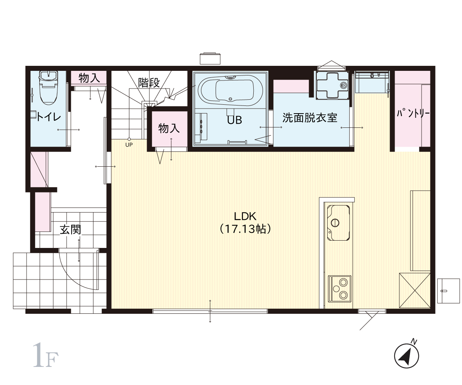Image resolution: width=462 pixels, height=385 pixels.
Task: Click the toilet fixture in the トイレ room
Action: click(x=48, y=88)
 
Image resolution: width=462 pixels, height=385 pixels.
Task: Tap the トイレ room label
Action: click(x=49, y=117)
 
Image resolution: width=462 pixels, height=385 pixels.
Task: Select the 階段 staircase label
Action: click(x=149, y=83)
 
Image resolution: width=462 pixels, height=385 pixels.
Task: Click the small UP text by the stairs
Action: click(x=129, y=145)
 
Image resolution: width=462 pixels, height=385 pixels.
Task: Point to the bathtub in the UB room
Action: click(x=231, y=91)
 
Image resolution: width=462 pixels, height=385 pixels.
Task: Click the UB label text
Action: click(x=234, y=120)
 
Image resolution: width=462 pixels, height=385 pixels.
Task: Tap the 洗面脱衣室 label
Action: click(x=310, y=117)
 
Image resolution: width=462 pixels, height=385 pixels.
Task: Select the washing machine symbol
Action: click(x=332, y=85)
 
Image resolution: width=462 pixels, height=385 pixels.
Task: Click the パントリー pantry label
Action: click(x=413, y=114)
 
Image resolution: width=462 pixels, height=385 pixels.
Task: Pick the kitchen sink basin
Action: click(x=338, y=223)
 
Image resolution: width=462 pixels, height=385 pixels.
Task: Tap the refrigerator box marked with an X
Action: click(x=415, y=290)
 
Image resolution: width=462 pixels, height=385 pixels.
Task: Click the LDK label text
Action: click(x=245, y=216)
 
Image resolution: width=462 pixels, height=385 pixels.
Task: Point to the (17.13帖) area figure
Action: click(x=245, y=229)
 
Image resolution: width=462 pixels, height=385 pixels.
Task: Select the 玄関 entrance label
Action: click(x=70, y=229)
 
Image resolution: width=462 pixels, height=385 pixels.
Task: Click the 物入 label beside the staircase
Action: click(x=169, y=128)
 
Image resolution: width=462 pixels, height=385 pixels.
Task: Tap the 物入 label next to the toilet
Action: click(x=89, y=78)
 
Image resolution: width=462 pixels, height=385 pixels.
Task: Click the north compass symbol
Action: click(x=407, y=356)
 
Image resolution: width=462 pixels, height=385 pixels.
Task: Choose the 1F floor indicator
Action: click(x=45, y=355)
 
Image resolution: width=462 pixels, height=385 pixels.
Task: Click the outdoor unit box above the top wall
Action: click(x=210, y=59)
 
